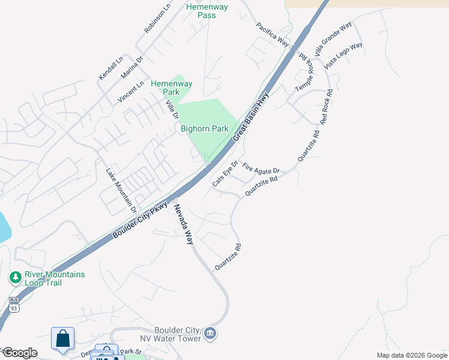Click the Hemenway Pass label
(206, 11)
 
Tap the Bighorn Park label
(205, 128)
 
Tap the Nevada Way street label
(184, 224)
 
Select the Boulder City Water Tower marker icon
(210, 333)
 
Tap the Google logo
(19, 353)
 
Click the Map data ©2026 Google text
(411, 355)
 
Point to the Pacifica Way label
(273, 35)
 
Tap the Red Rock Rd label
(326, 107)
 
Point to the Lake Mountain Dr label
(121, 190)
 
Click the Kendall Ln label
(111, 68)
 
